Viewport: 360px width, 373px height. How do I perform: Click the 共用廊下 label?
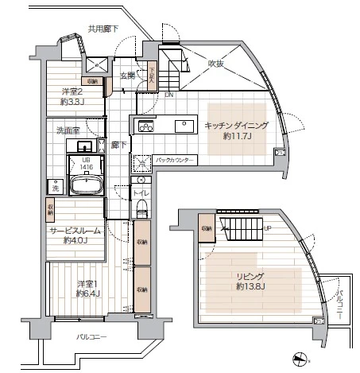(103, 29)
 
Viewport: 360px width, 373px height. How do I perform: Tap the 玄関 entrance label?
(128, 76)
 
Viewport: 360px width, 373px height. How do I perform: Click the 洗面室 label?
(66, 129)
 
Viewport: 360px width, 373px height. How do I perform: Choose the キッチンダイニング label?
(236, 126)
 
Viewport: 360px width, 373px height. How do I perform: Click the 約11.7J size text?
(237, 136)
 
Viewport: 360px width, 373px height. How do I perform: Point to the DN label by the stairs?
(168, 93)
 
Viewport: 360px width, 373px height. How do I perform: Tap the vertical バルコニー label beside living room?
(339, 302)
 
